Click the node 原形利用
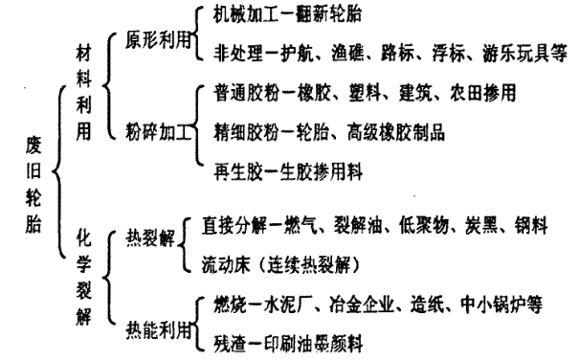pos(153,40)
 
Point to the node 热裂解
pos(146,238)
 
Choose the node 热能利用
pos(153,331)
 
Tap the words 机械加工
pos(247,16)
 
